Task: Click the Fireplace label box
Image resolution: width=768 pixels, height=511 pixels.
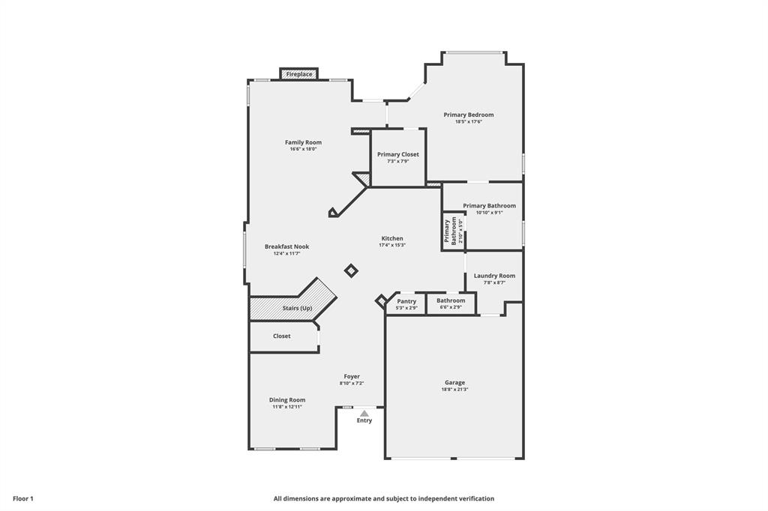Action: pos(299,74)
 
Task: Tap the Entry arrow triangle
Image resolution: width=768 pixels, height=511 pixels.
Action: pos(364,413)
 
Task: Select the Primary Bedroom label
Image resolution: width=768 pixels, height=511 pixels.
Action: pos(468,115)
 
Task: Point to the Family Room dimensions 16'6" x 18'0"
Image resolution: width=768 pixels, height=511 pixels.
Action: pos(303,149)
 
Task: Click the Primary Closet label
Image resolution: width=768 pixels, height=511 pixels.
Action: pos(398,154)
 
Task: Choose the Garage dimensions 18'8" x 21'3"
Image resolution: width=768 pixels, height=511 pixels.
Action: pos(455,390)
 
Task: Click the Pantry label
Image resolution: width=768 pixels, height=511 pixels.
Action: pos(406,301)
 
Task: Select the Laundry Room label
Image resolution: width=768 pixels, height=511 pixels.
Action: pos(494,276)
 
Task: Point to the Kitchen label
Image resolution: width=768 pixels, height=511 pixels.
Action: pos(391,238)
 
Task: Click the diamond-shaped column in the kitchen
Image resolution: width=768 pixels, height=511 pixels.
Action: pos(350,270)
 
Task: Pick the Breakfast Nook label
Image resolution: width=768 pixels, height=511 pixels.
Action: pos(286,247)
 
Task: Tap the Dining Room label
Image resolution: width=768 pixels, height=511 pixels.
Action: pos(287,400)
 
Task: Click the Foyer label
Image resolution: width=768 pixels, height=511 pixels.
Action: pos(352,377)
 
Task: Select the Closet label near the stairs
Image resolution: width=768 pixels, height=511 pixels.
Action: pos(281,336)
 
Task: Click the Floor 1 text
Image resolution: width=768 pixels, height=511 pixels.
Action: pos(23,498)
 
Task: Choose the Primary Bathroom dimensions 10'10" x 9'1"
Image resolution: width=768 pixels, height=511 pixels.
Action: pos(489,213)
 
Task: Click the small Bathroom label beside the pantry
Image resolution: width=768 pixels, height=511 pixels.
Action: pos(451,301)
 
